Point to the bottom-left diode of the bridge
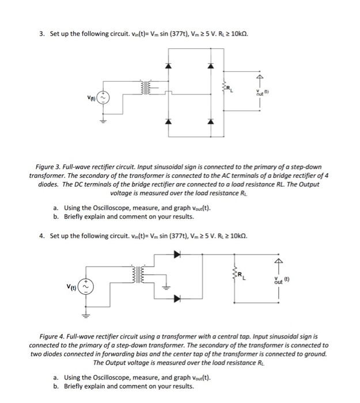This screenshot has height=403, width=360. click(x=168, y=122)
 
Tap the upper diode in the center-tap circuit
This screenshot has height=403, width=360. click(x=176, y=253)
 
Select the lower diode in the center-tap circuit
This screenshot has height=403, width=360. click(x=176, y=298)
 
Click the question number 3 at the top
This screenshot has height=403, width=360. click(x=42, y=34)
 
